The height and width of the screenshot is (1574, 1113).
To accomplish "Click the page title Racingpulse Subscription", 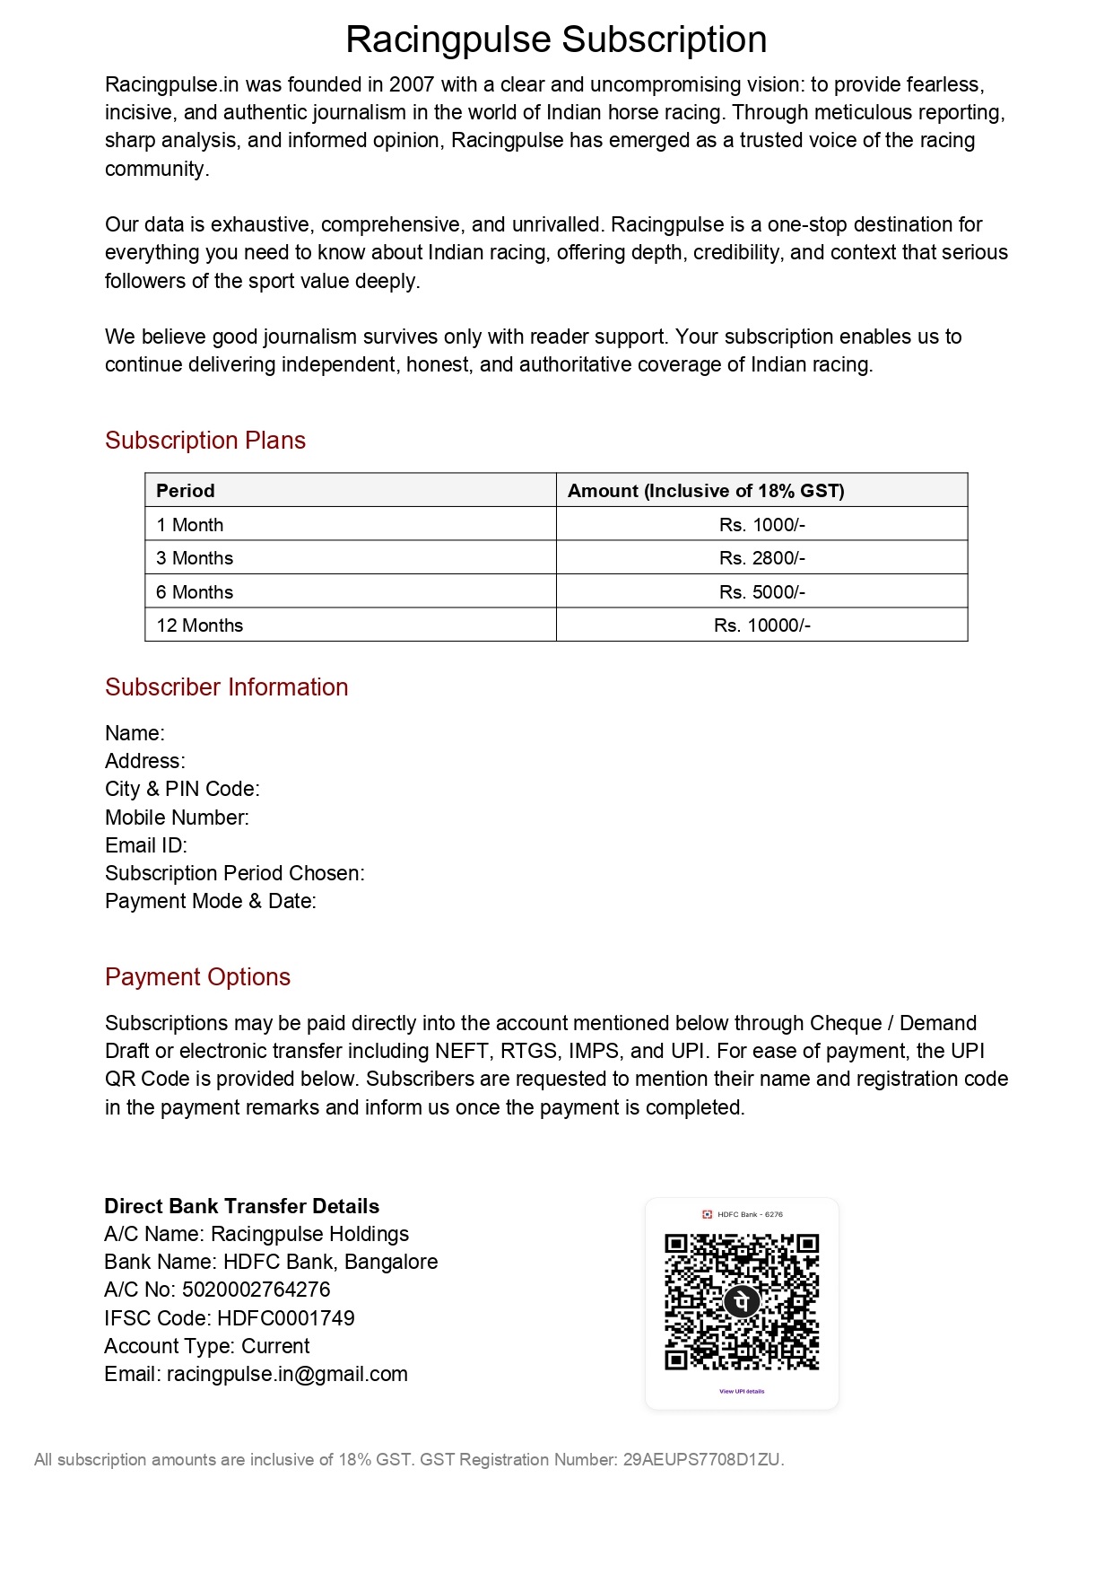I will (556, 40).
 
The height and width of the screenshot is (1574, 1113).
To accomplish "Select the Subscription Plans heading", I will (205, 441).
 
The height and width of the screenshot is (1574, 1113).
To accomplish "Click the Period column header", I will (186, 491).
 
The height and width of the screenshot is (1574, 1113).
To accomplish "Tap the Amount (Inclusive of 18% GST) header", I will (706, 491).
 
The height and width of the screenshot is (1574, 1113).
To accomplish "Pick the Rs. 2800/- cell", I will (761, 558).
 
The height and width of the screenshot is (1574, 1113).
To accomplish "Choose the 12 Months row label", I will (200, 625).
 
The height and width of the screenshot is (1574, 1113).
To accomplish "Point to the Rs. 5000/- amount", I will (761, 592).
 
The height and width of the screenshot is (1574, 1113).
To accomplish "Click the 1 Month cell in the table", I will (190, 525).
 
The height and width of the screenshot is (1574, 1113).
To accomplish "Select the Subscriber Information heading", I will (226, 687).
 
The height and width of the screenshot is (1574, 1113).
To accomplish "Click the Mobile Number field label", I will (177, 818).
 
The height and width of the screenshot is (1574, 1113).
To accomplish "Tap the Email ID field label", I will (146, 845).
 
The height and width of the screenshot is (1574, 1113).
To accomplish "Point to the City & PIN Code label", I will (182, 789).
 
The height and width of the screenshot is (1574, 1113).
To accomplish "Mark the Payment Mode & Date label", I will (211, 901).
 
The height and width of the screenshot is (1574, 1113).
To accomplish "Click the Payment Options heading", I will (197, 977).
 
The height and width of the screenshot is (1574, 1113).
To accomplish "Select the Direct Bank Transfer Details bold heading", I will (242, 1206).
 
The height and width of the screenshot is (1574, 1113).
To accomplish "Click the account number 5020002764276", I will (256, 1290).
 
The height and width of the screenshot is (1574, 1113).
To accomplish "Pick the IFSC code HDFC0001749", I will (286, 1318).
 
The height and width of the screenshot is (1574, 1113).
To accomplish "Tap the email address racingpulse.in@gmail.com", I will (287, 1374).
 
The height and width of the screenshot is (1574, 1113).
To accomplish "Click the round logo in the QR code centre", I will (742, 1301).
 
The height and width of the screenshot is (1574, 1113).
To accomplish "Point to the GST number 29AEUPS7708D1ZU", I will (702, 1460).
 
